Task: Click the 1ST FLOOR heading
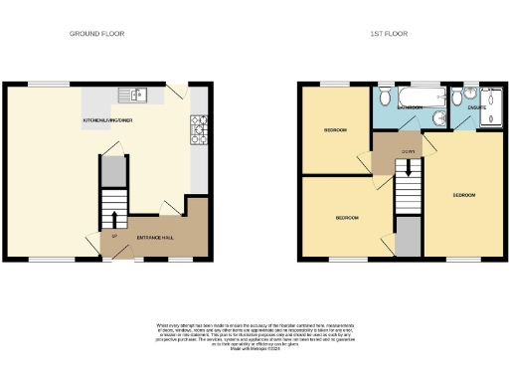389,34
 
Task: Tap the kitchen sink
132,95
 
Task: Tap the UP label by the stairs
115,236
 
